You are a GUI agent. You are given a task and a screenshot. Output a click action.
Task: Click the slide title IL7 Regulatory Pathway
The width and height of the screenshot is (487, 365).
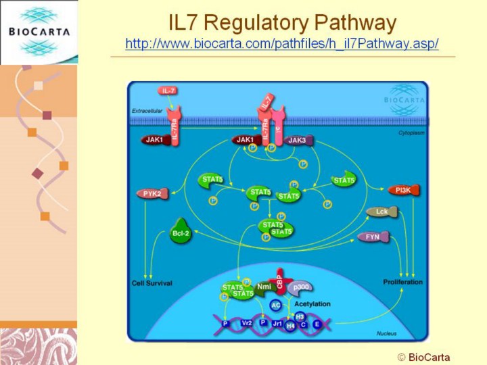pyautogui.click(x=282, y=23)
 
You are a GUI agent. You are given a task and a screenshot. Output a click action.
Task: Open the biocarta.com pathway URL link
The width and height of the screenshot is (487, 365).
pyautogui.click(x=282, y=44)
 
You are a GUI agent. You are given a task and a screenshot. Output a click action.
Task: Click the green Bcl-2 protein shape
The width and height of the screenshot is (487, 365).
pyautogui.click(x=181, y=233)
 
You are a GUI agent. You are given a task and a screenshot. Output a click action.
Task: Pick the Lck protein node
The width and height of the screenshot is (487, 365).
pyautogui.click(x=382, y=212)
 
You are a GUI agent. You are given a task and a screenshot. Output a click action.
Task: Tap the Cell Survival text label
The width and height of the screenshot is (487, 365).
pyautogui.click(x=152, y=283)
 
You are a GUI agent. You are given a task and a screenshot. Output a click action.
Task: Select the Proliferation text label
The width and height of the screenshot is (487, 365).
pyautogui.click(x=403, y=282)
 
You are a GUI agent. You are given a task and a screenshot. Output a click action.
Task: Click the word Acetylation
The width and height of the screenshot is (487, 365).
pyautogui.click(x=312, y=304)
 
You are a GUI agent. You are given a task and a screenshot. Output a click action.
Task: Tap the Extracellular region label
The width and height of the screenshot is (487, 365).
pyautogui.click(x=148, y=111)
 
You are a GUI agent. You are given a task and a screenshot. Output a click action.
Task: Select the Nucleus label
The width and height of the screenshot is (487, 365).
pyautogui.click(x=386, y=333)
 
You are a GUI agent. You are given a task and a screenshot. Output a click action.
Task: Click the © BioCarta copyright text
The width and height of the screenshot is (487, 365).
pyautogui.click(x=423, y=357)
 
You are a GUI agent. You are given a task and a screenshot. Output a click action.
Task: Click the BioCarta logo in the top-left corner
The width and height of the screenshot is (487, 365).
pyautogui.click(x=39, y=31)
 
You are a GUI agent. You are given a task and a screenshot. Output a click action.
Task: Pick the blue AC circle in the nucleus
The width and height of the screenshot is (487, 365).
pyautogui.click(x=275, y=306)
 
